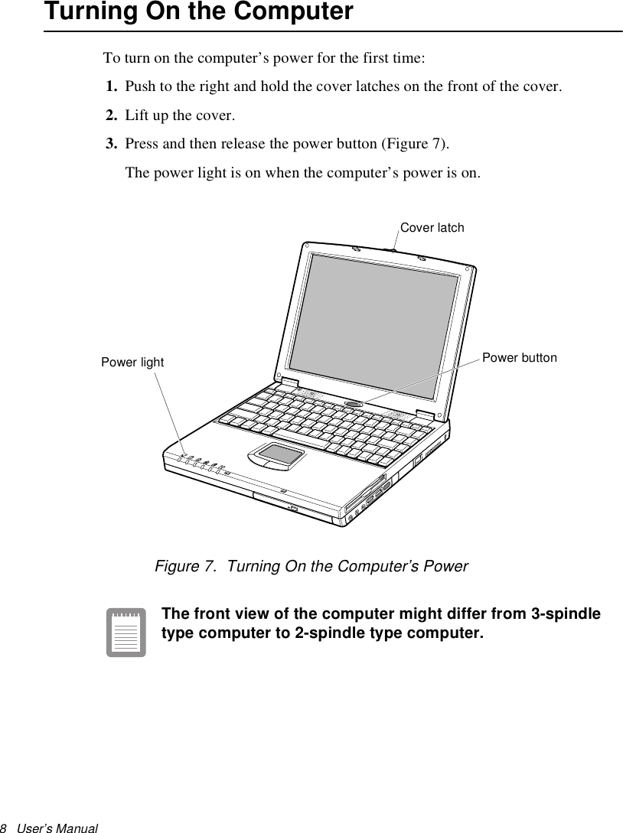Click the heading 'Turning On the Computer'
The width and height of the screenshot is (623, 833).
[x=199, y=12]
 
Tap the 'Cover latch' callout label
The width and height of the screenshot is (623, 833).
[x=432, y=228]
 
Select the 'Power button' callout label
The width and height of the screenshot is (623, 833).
[x=520, y=358]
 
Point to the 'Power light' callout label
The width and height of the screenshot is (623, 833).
[x=132, y=363]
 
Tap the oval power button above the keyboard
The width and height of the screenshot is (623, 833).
[x=353, y=403]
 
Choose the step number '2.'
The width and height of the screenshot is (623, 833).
[x=112, y=116]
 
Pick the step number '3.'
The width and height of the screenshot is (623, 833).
[x=112, y=145]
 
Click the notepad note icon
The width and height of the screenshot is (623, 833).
[x=126, y=633]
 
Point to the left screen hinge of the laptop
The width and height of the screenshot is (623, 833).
[x=289, y=381]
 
